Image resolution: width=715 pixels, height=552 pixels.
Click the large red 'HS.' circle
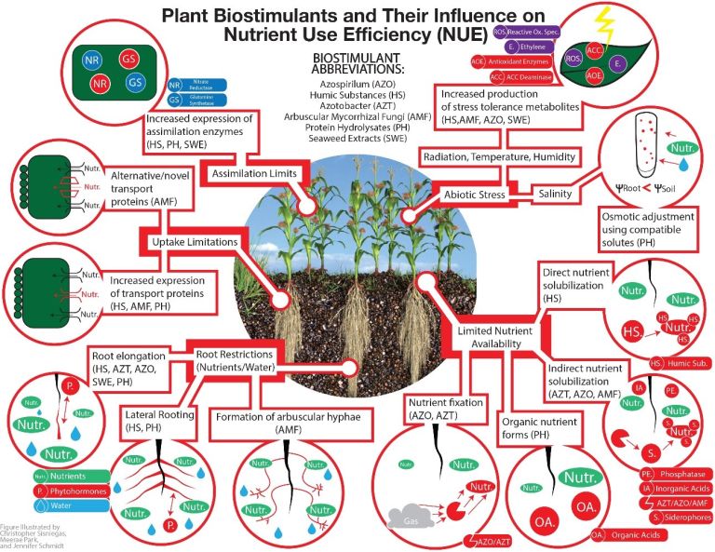point(632,331)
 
